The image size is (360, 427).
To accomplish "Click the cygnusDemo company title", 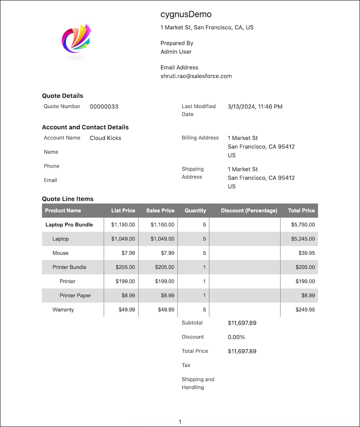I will (x=186, y=14).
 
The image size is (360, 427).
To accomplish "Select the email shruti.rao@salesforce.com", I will (x=196, y=76).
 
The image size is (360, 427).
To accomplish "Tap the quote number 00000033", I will (x=104, y=107).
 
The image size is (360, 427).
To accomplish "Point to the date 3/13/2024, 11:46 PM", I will (x=255, y=107).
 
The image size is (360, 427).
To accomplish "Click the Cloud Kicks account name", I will (x=105, y=138).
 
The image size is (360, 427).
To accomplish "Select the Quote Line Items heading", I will (x=67, y=199).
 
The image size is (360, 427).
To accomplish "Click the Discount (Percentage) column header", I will (x=249, y=211).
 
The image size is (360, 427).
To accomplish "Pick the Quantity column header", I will (x=195, y=211).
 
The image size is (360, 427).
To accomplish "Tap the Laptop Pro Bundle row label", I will (x=69, y=225).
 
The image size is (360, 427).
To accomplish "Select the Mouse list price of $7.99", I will (x=128, y=253).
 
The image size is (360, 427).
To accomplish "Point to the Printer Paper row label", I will (x=75, y=296).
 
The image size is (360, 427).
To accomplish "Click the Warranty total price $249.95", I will (x=305, y=310).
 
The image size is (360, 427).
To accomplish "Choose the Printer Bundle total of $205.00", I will (x=305, y=267).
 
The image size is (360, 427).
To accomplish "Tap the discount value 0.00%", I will (x=236, y=337).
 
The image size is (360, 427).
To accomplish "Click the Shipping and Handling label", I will (x=198, y=383).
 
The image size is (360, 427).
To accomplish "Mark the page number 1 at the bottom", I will (x=180, y=422).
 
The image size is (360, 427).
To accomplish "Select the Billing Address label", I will (x=200, y=138).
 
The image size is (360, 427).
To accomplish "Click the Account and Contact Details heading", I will (x=85, y=127).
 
